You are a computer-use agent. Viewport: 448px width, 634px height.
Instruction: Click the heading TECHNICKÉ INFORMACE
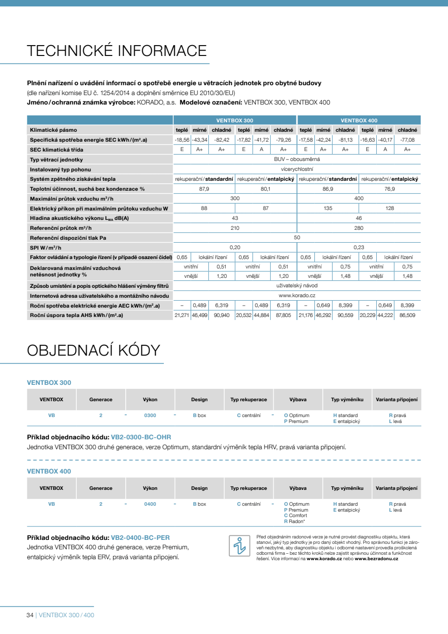(116, 51)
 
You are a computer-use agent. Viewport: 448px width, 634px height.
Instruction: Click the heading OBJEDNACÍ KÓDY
(93, 350)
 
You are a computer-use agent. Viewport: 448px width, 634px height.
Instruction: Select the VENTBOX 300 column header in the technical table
(235, 120)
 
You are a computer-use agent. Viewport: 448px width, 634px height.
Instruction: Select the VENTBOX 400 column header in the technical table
(359, 120)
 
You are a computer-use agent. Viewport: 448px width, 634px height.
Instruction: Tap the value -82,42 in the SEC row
(221, 140)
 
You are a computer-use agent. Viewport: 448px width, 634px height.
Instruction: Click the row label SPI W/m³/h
(45, 247)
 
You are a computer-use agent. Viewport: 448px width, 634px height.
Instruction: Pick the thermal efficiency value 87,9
(204, 189)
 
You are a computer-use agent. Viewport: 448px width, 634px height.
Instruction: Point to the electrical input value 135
(328, 209)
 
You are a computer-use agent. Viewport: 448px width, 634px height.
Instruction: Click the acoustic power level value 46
(359, 218)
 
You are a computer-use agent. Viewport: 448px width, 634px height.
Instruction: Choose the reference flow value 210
(235, 228)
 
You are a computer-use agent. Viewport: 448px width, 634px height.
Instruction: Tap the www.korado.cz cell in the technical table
(297, 295)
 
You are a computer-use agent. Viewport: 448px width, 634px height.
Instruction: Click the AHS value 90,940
(221, 315)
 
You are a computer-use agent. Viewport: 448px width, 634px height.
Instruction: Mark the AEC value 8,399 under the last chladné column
(407, 306)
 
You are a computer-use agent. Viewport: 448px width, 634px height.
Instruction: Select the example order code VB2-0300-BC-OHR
(141, 437)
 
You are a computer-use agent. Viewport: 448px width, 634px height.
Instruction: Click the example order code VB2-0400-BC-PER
(141, 537)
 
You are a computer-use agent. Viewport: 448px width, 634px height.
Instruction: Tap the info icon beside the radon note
(239, 546)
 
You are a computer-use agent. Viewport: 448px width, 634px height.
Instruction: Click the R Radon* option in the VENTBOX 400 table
(295, 521)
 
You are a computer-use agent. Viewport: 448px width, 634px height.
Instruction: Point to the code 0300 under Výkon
(150, 416)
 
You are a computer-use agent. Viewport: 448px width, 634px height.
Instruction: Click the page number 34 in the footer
(30, 615)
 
